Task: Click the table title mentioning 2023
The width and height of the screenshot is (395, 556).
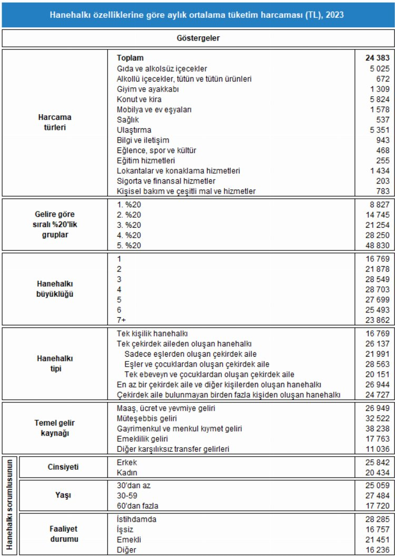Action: pos(197,15)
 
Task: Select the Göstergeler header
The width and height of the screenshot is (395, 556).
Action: pos(197,38)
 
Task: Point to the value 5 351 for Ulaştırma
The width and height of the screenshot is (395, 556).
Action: pos(379,130)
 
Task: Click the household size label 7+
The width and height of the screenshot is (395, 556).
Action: pos(122,320)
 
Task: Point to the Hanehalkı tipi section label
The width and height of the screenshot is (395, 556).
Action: pos(55,363)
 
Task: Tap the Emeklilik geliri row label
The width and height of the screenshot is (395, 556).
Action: pos(142,439)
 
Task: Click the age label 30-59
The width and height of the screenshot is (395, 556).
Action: pos(128,496)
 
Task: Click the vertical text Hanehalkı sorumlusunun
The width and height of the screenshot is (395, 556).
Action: pos(9,504)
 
